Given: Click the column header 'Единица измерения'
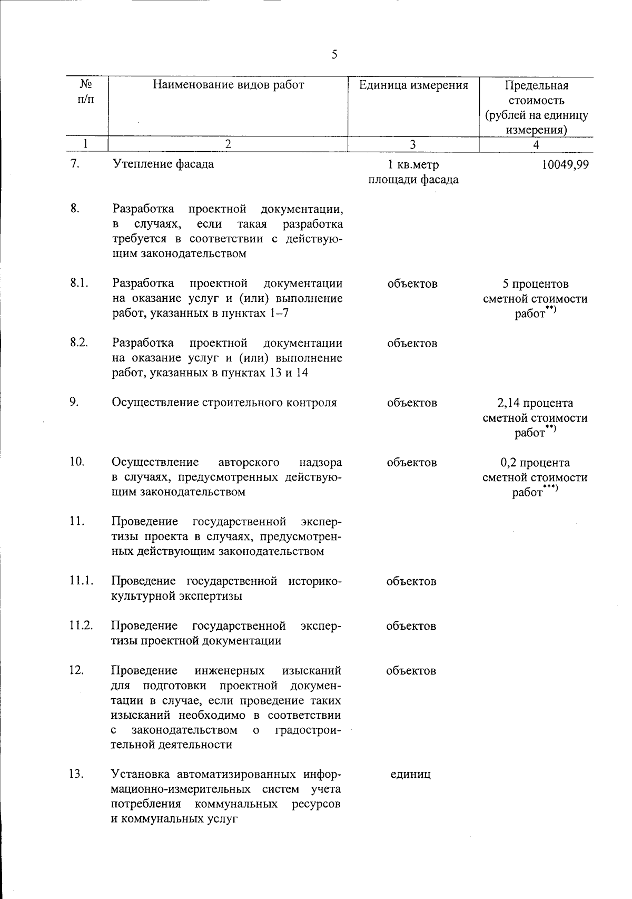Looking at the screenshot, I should (413, 85).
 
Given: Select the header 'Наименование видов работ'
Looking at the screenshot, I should (228, 85).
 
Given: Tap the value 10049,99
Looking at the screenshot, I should (565, 164).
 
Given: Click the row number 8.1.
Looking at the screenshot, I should (78, 283).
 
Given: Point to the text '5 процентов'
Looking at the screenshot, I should (535, 285).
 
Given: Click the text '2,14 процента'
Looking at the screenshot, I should (535, 404).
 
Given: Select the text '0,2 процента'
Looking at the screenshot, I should (535, 463).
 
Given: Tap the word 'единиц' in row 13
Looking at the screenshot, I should (411, 775).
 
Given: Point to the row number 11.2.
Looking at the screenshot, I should (81, 626).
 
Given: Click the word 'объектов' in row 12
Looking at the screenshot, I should (411, 671).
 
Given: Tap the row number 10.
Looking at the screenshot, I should (76, 462).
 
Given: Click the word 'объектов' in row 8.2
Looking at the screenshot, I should (412, 344).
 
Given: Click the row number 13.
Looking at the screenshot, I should (76, 775).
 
